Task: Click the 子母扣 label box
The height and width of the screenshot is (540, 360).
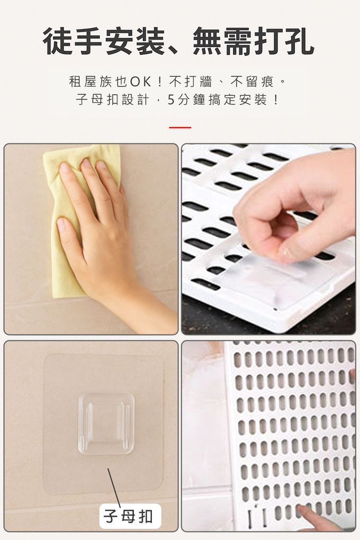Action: [x=130, y=516]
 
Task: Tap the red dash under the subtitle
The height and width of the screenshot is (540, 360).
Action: [x=180, y=128]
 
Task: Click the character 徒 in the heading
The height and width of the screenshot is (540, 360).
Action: [x=58, y=41]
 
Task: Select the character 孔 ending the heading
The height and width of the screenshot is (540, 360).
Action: [x=299, y=41]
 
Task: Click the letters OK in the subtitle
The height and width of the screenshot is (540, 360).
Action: [x=140, y=82]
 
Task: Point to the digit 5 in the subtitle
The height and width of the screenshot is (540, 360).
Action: [x=171, y=100]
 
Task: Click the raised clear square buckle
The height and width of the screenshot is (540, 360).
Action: [x=106, y=424]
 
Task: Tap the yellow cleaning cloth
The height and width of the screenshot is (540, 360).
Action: [x=81, y=220]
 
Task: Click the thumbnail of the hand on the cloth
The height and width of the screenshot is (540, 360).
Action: [x=91, y=239]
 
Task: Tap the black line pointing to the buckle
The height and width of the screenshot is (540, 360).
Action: [x=114, y=487]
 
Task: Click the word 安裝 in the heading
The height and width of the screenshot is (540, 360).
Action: [x=134, y=41]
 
